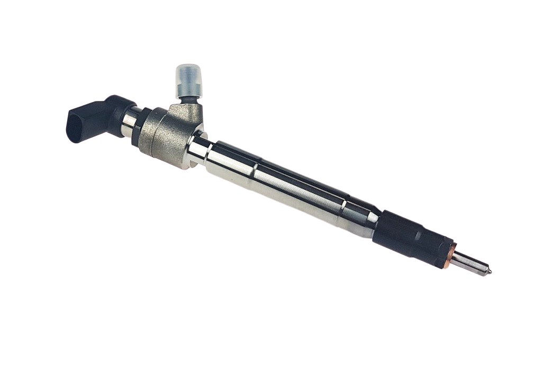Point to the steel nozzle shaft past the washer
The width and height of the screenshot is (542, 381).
click(x=471, y=262)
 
